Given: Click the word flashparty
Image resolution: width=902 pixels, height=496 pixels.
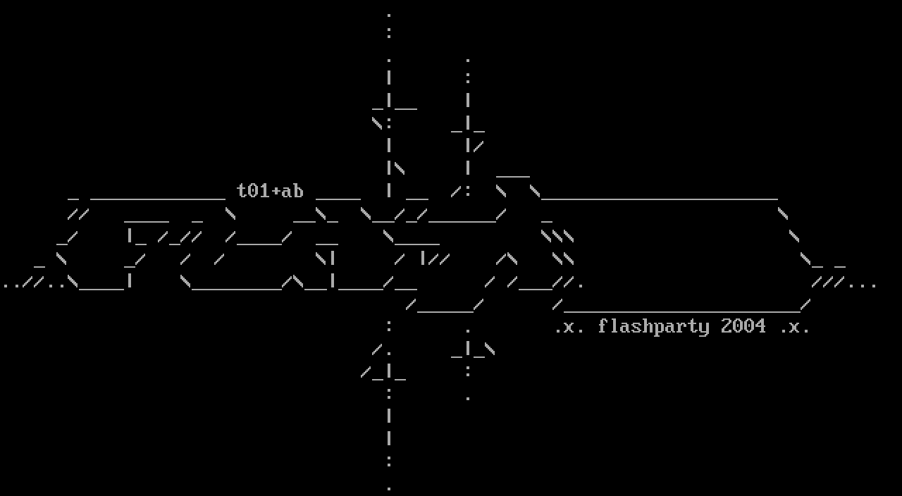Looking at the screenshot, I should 653,327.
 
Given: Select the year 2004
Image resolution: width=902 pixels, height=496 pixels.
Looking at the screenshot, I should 743,326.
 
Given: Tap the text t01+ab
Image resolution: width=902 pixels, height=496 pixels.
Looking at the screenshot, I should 270,191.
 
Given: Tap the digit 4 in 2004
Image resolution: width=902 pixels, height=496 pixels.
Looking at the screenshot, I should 760,326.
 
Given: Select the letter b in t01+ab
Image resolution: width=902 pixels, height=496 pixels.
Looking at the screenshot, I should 298,191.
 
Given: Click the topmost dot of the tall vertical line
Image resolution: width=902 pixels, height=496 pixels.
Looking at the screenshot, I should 389,15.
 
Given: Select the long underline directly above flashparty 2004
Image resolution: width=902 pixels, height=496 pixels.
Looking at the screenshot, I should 681,311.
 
